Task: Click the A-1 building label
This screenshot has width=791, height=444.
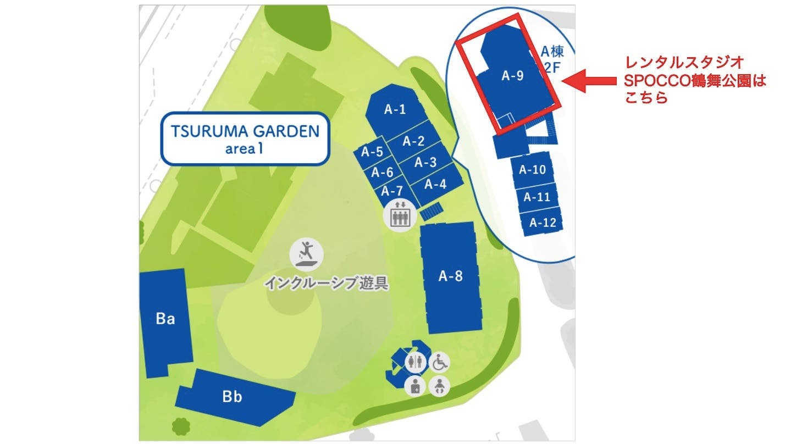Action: [395, 109]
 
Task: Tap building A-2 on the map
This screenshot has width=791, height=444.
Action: [413, 141]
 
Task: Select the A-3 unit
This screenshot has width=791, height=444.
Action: [425, 162]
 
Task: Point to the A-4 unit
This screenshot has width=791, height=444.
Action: [435, 184]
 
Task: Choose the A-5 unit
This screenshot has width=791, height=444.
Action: [372, 152]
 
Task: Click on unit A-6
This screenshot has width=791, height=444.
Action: [382, 172]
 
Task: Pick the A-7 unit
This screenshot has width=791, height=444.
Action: [392, 191]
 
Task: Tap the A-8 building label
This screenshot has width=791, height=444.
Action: [450, 276]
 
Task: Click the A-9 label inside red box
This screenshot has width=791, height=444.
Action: [512, 77]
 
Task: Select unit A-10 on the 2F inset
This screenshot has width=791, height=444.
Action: [532, 169]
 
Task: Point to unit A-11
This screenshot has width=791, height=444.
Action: [536, 197]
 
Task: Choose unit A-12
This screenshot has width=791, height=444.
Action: [543, 223]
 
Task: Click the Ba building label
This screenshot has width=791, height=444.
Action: [165, 319]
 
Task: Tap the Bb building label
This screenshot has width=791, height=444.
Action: [232, 397]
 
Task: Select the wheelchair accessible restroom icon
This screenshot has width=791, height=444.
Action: [439, 362]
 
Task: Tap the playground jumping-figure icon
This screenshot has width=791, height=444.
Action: [307, 253]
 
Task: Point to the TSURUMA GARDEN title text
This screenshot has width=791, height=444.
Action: [245, 131]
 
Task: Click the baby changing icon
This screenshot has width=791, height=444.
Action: [439, 386]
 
